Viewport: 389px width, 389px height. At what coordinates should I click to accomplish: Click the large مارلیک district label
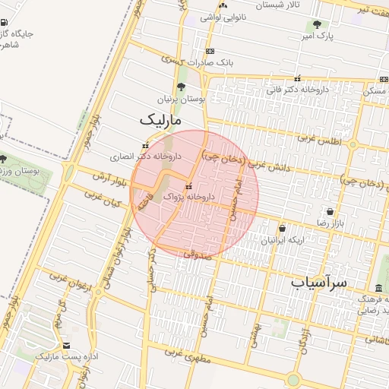pyautogui.click(x=162, y=121)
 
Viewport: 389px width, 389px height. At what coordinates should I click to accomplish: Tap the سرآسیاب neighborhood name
pyautogui.click(x=318, y=282)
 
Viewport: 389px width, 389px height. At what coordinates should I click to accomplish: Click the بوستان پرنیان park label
pyautogui.click(x=182, y=100)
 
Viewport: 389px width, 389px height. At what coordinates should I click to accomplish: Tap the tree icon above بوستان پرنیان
pyautogui.click(x=181, y=87)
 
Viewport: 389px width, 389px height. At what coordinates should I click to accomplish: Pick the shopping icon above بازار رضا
pyautogui.click(x=330, y=212)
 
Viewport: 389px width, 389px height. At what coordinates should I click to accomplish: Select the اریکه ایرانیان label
pyautogui.click(x=283, y=240)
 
